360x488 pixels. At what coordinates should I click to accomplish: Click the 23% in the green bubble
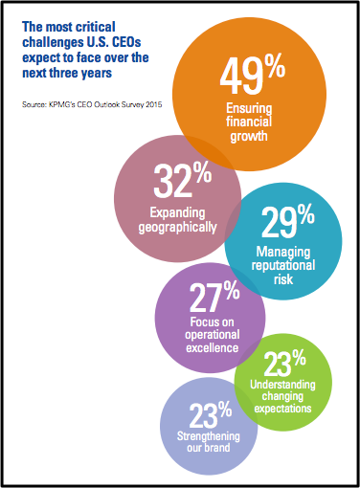[285, 365]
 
